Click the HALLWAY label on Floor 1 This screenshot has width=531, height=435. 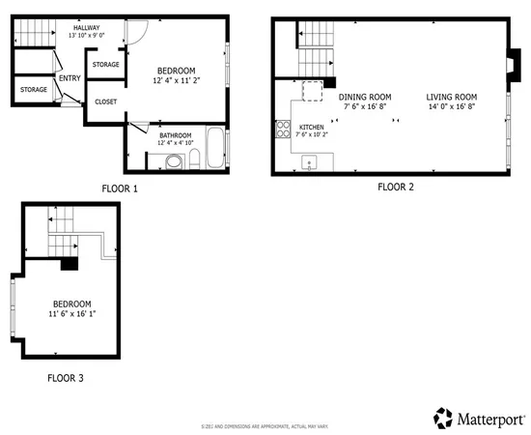click(x=88, y=29)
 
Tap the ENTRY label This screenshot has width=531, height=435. click(x=70, y=78)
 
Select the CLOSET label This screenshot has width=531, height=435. click(x=105, y=101)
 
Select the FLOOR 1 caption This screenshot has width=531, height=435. click(x=120, y=188)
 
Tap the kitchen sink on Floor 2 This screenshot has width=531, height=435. click(x=310, y=165)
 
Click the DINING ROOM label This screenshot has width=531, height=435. click(x=364, y=97)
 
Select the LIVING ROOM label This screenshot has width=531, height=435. click(x=453, y=97)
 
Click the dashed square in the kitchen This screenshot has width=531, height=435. click(x=312, y=92)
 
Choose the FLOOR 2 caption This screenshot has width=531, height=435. click(x=395, y=187)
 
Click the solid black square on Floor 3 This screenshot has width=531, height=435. click(x=69, y=263)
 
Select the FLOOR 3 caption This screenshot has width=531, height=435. click(x=66, y=377)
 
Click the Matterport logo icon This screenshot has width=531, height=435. click(x=443, y=418)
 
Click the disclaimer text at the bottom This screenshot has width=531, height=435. click(x=265, y=426)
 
